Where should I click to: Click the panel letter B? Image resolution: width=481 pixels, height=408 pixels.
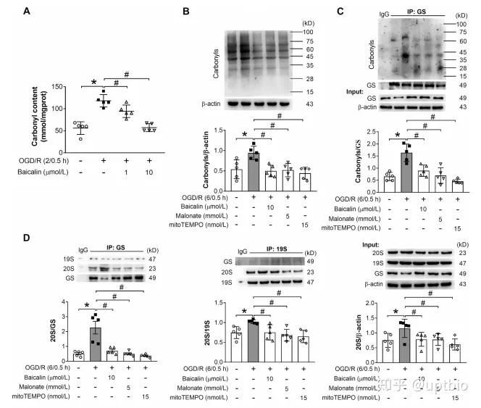pos(187,12)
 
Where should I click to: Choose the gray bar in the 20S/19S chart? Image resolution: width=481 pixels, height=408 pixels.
pos(254,339)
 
